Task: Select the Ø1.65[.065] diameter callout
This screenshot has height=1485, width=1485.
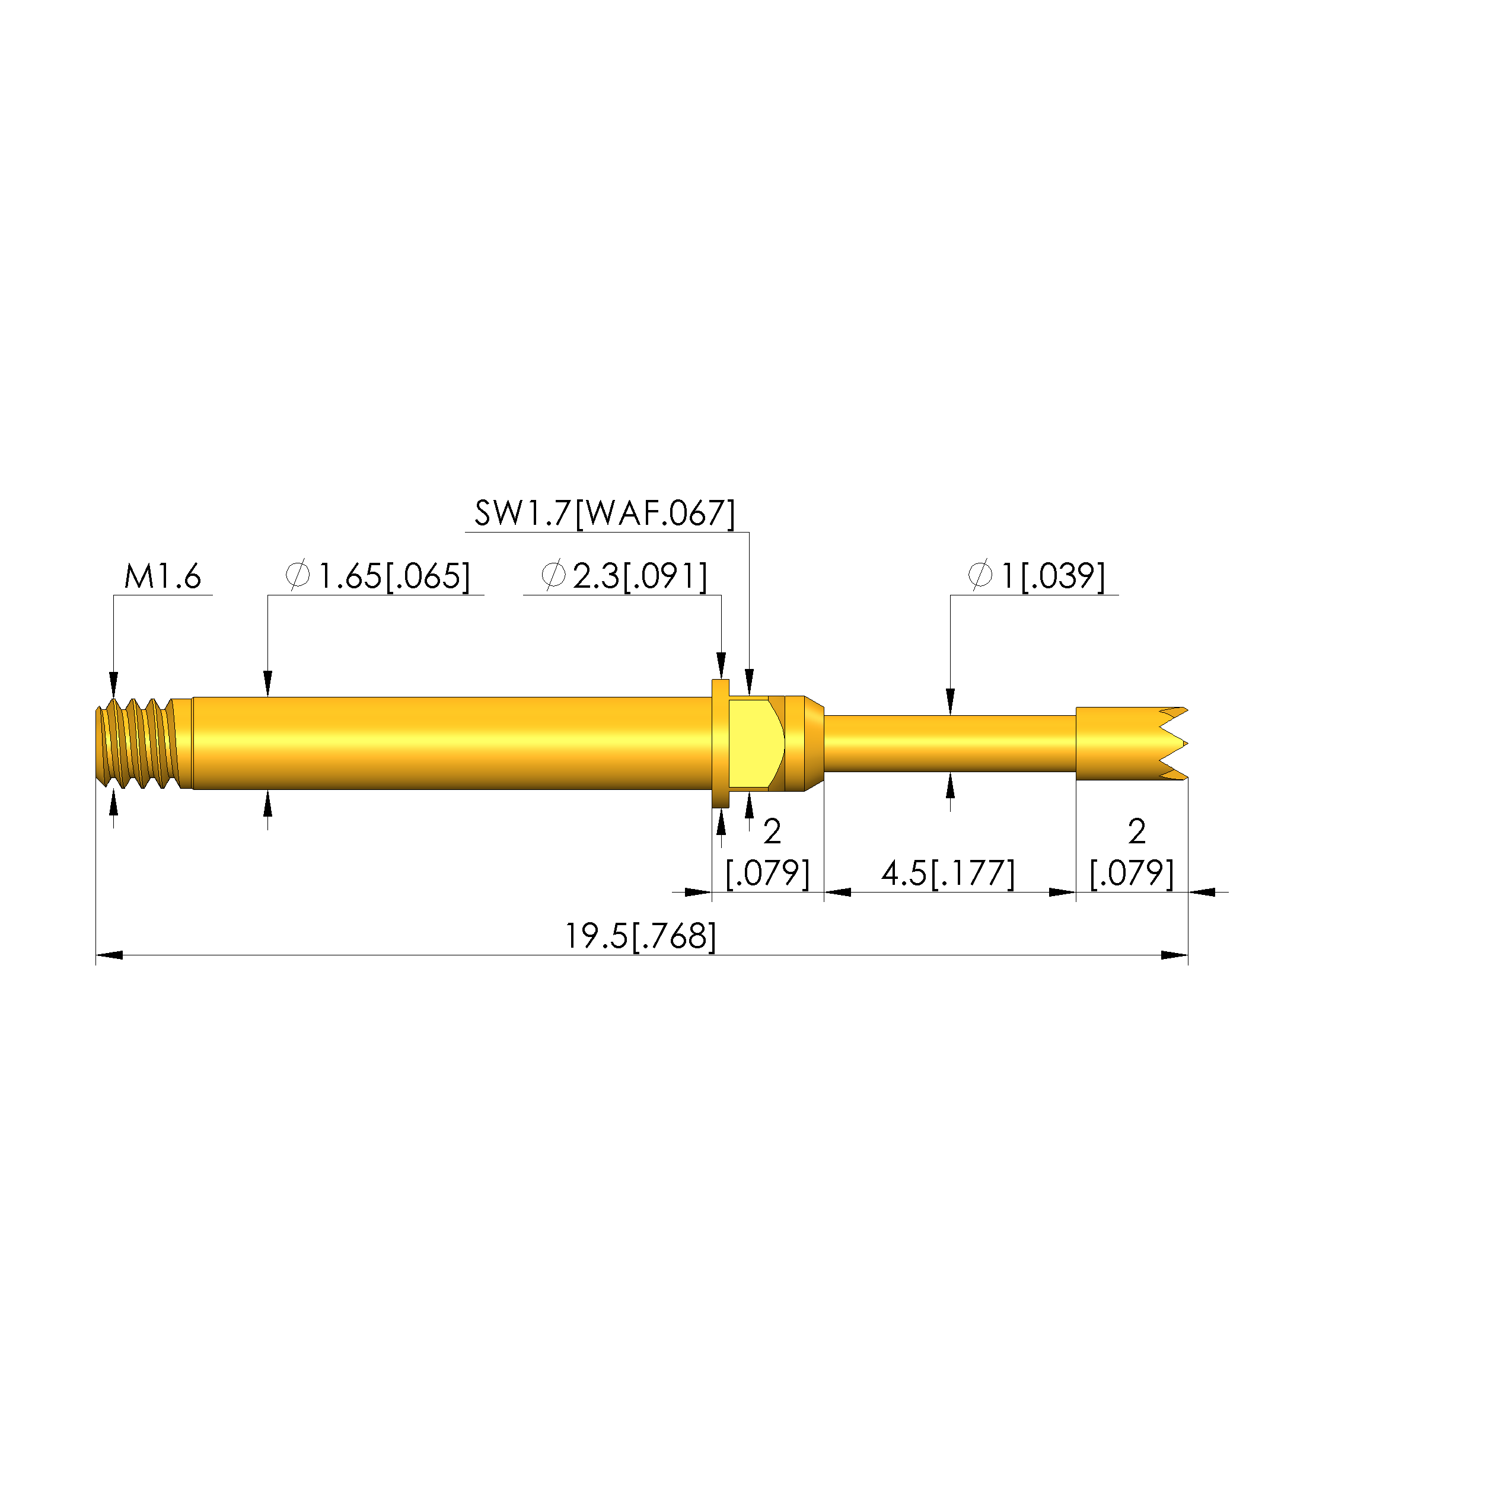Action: pos(377,576)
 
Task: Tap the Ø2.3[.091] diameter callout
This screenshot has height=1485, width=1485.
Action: pos(624,576)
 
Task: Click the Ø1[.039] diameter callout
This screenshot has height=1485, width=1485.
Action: pos(1036,576)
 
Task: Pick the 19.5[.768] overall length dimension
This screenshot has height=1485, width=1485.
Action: pos(640,936)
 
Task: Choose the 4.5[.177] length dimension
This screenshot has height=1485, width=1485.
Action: pos(948,874)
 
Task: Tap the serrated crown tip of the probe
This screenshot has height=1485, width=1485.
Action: pos(1132,743)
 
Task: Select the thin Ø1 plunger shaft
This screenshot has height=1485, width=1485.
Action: pos(949,743)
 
